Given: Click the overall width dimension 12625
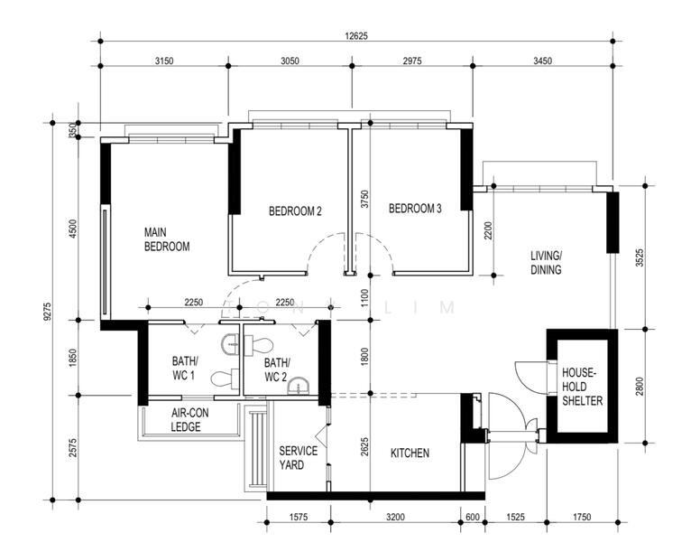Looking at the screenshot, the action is (x=356, y=36).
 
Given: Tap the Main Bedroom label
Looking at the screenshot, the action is (x=167, y=239).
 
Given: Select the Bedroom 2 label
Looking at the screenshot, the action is (x=295, y=210).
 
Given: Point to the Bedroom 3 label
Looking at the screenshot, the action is (x=415, y=209).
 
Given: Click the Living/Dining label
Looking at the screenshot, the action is (x=546, y=263).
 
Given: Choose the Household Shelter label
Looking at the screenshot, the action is (x=582, y=387).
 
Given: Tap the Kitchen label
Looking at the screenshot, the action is (x=410, y=453).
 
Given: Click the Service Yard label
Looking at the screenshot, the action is (x=299, y=457).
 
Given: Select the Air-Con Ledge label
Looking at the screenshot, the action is (x=189, y=419).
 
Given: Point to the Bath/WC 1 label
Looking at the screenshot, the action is (x=185, y=368).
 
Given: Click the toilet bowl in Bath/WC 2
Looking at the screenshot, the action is (x=259, y=344).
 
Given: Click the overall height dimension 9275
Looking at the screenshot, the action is (x=48, y=312).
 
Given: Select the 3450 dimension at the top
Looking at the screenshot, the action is (x=542, y=61).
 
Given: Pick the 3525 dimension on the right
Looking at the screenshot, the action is (x=640, y=257).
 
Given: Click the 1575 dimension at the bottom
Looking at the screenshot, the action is (x=299, y=518).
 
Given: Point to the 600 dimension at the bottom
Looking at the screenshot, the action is (x=473, y=518).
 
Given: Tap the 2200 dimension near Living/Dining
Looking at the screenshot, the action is (x=487, y=230).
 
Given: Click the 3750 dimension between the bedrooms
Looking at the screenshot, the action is (x=364, y=200).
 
